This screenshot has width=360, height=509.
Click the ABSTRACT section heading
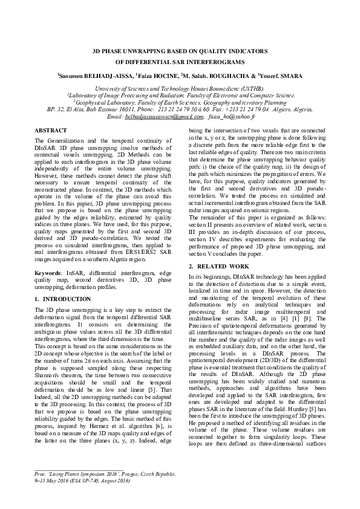[51, 130]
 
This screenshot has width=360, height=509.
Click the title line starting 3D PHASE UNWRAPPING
[180, 52]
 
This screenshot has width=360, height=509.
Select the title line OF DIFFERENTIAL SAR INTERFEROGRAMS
[180, 62]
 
